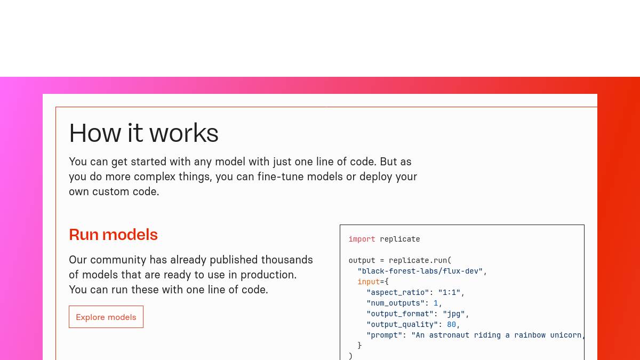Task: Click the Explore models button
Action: [106, 317]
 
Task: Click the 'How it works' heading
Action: [143, 133]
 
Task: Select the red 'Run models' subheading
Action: [113, 235]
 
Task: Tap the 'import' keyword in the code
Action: [362, 239]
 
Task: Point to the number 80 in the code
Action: [451, 325]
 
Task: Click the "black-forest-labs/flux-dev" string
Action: [420, 271]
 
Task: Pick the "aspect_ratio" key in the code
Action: [398, 293]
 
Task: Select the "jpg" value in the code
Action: [454, 314]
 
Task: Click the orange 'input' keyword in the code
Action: [369, 282]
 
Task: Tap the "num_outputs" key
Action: [395, 303]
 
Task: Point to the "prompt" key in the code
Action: [385, 335]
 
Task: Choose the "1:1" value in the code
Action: [449, 293]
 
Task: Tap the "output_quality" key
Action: [402, 325]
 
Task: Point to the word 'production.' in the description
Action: [269, 275]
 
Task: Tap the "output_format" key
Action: [400, 314]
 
